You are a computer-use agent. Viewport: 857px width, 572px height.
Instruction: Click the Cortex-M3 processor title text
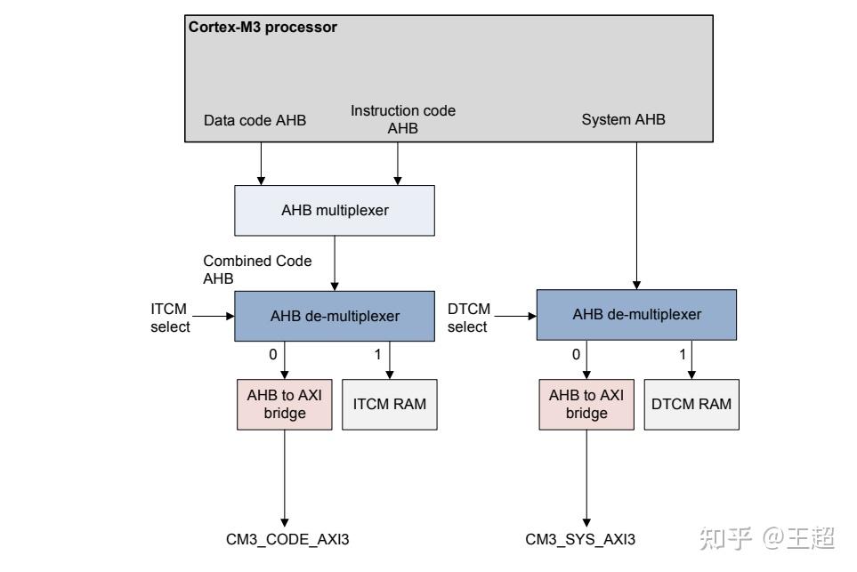click(263, 27)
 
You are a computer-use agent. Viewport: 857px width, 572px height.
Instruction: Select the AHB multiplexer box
click(335, 211)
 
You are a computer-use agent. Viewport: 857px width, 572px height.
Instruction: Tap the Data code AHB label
click(255, 120)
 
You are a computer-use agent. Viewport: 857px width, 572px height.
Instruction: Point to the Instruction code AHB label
click(402, 119)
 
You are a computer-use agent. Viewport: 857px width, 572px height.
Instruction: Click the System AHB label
click(623, 120)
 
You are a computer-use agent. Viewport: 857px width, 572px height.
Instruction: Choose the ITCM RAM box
click(390, 404)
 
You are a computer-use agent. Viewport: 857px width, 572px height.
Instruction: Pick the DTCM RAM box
click(691, 404)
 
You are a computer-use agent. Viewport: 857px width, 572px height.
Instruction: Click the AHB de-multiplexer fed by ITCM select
click(335, 316)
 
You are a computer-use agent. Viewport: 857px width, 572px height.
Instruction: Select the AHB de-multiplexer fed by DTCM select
click(636, 315)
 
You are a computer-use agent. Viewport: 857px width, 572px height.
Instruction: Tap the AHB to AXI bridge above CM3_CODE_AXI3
click(285, 404)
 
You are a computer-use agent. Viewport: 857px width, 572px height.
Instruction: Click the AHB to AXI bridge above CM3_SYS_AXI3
click(586, 404)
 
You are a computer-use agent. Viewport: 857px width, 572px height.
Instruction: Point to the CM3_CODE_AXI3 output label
click(282, 539)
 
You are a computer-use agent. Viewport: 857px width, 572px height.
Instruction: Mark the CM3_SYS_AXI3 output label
click(580, 539)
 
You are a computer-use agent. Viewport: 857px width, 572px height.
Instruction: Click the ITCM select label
click(170, 318)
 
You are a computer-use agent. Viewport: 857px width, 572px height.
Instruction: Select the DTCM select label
click(468, 318)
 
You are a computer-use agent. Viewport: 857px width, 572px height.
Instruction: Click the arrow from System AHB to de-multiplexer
click(636, 213)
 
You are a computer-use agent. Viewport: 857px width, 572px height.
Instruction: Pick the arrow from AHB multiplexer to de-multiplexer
click(335, 262)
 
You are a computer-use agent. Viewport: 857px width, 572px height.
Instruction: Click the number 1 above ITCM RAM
click(377, 354)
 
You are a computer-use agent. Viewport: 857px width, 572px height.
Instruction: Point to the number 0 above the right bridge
click(576, 354)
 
